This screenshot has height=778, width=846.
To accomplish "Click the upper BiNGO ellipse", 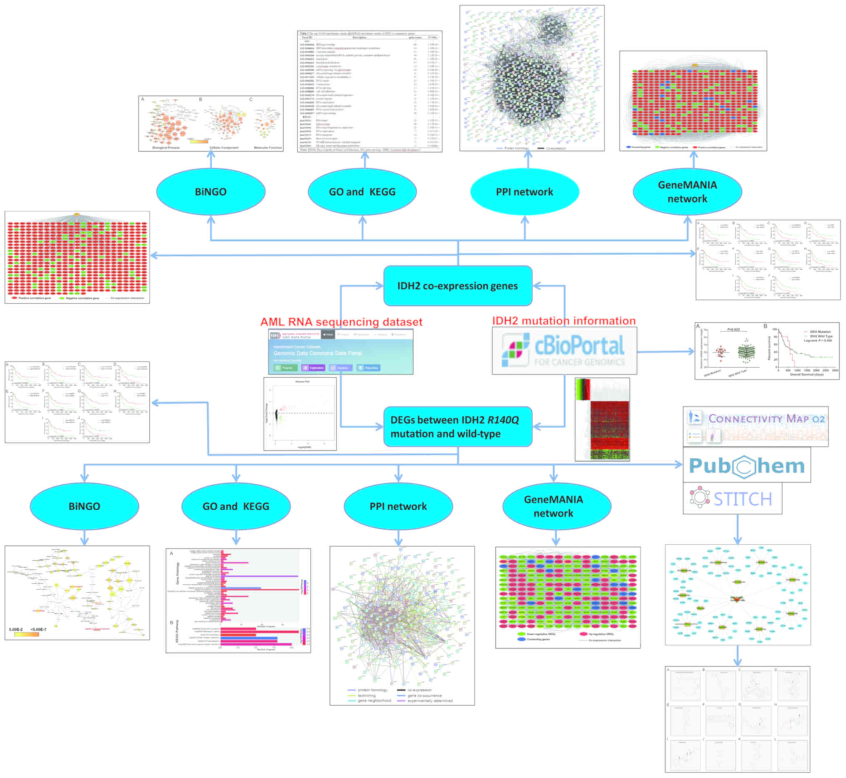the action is coord(211,191).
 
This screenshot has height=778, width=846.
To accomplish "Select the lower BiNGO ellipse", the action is coord(84,506).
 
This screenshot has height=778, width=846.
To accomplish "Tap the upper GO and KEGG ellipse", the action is coord(362,191).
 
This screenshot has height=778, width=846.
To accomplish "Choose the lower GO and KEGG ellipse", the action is coord(236,506).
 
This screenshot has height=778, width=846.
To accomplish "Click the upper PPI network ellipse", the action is coord(524,191).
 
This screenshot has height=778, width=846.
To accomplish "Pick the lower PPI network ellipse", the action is coord(398,506).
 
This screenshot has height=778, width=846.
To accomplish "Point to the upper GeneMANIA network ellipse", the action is coord(687,191).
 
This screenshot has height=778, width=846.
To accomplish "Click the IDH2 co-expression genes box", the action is coord(458,286).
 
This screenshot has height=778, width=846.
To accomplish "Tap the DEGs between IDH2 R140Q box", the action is coord(458,427).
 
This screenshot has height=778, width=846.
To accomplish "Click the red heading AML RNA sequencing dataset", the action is coord(341,321).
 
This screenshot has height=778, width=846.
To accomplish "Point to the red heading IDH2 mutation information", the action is coord(564,321).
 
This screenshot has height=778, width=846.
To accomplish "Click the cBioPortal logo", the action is coord(564,351).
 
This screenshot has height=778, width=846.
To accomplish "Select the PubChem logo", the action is coord(747,465).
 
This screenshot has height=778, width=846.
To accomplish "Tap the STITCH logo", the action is coord(732,499).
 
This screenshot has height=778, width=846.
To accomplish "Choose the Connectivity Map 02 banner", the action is coord(756,427).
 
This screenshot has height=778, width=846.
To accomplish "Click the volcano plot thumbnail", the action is coord(300,414).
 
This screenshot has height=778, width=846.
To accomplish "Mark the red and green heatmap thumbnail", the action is coord(602,419).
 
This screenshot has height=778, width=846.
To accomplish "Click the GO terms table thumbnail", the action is coord(369,91).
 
